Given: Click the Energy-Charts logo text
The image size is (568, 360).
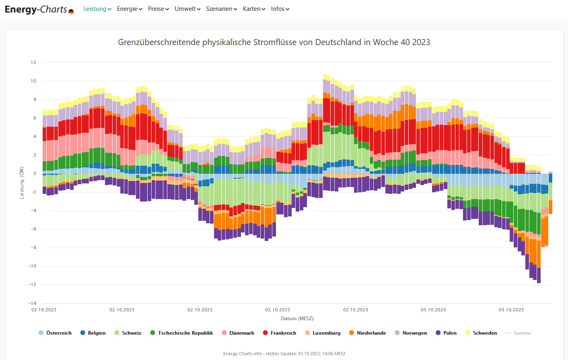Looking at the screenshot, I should (x=36, y=9).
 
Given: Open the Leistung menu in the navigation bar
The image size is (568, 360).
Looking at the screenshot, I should (x=97, y=9).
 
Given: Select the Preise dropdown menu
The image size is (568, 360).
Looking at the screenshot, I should (x=158, y=9).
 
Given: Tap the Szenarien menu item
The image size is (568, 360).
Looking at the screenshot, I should (x=221, y=9).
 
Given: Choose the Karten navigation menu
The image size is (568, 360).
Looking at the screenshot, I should (x=254, y=9).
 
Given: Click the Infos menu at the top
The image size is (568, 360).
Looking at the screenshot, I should (x=280, y=9).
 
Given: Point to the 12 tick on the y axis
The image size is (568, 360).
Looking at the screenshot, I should (x=33, y=62).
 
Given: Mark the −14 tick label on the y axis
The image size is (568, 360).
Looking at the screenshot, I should (x=32, y=303).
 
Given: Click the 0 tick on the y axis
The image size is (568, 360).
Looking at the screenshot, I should (x=35, y=174).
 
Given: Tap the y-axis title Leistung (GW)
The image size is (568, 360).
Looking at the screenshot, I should (x=22, y=183).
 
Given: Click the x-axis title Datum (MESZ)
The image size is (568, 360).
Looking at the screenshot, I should (x=297, y=319).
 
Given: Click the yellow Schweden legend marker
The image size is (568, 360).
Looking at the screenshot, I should (x=468, y=333).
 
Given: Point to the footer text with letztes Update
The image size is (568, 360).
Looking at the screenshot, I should (x=284, y=354).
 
